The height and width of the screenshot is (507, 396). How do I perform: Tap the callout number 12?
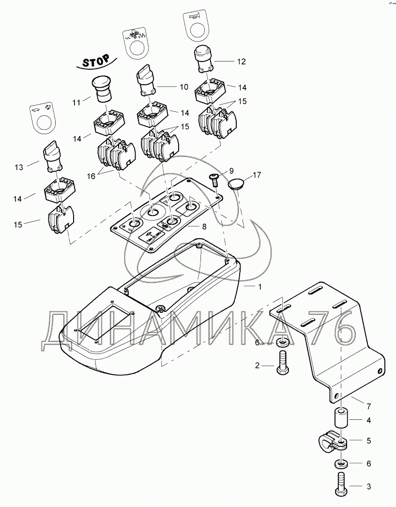(241, 61)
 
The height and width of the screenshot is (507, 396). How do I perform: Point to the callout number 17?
(256, 175)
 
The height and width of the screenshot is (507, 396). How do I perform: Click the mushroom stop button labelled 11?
(102, 89)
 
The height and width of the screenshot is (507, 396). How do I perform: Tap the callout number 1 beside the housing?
(260, 287)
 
